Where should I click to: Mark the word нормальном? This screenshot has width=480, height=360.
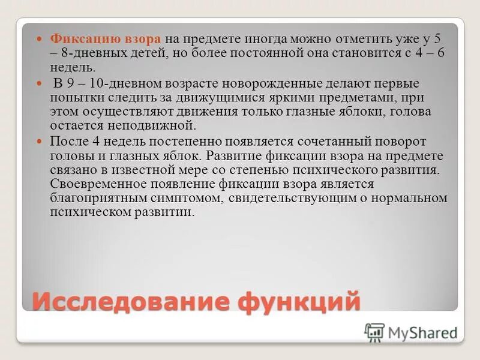pyautogui.click(x=411, y=198)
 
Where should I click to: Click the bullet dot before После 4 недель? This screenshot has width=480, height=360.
pyautogui.click(x=40, y=142)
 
